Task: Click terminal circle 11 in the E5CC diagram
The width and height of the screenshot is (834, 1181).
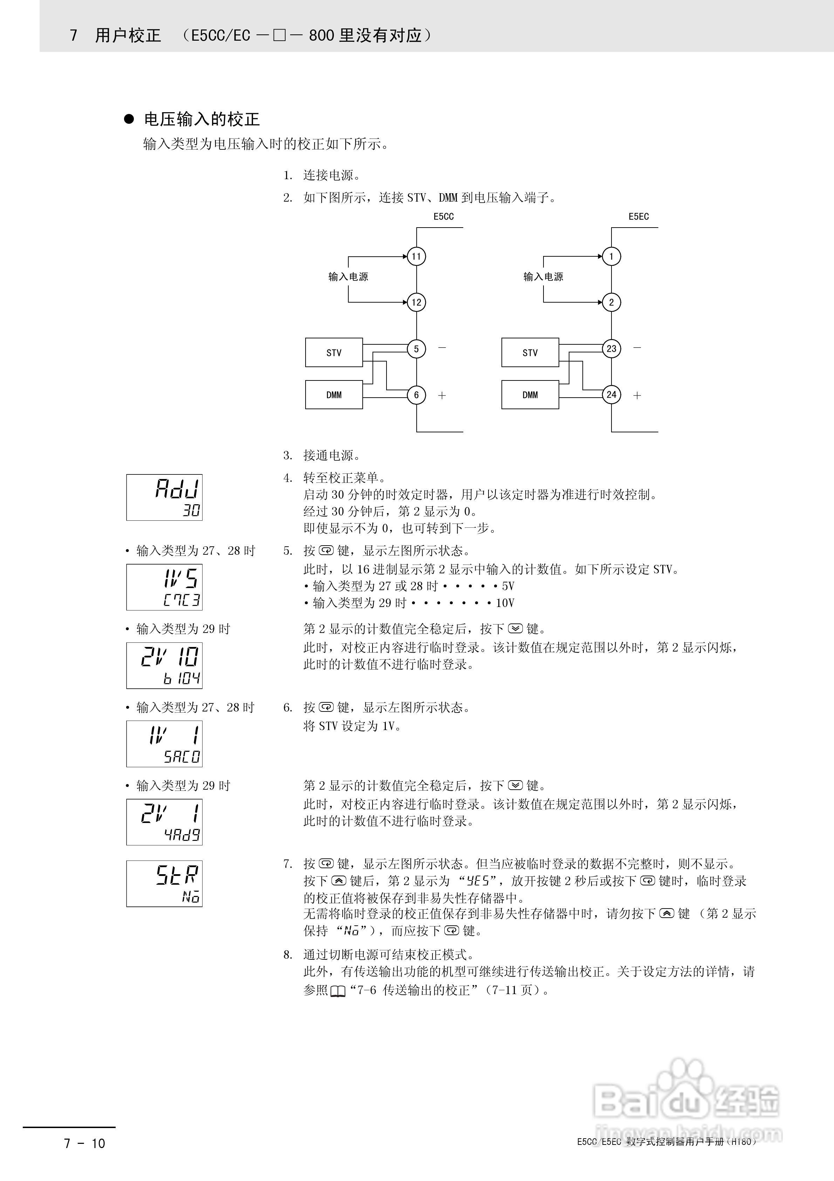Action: (x=416, y=256)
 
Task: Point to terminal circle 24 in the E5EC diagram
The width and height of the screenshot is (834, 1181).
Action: (x=611, y=394)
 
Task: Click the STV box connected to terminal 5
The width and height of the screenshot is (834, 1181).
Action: (x=334, y=352)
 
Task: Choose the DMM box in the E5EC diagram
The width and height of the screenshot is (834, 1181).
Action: (x=529, y=394)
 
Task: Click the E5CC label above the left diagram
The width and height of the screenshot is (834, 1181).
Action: (x=443, y=217)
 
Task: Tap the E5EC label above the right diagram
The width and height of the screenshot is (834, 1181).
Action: (x=638, y=217)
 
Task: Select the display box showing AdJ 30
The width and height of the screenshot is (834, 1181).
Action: (x=164, y=497)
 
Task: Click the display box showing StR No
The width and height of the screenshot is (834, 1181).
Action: (x=164, y=883)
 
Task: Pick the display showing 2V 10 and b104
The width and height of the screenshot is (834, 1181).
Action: (x=164, y=665)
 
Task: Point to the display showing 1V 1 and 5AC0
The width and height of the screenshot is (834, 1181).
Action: (x=164, y=743)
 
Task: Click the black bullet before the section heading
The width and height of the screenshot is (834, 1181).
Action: (x=129, y=119)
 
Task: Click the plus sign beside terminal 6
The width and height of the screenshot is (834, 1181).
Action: (x=442, y=396)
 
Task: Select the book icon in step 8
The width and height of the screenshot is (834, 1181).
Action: (x=338, y=990)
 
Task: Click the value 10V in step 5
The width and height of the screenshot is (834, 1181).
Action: (x=505, y=603)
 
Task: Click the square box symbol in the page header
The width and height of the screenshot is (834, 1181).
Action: (x=279, y=35)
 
